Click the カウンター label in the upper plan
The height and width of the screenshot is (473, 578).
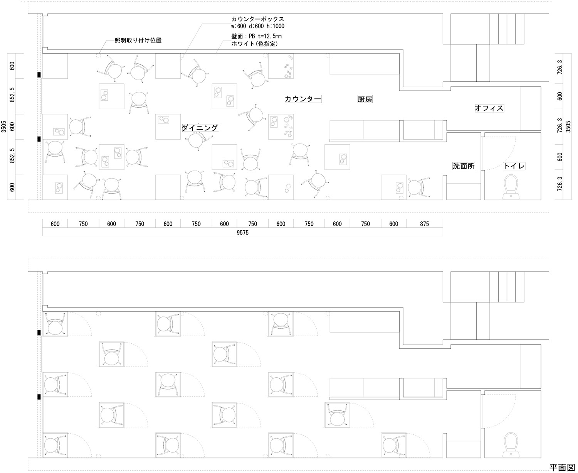coord(303,99)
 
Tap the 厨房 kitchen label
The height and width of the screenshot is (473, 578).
coord(365,99)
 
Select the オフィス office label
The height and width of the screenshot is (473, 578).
coord(489,108)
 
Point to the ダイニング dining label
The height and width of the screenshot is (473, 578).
coord(200,128)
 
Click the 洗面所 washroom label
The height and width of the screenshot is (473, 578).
coord(464,166)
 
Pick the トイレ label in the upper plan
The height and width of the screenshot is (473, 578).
coord(514,166)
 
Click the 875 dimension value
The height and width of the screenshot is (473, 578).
coord(424,224)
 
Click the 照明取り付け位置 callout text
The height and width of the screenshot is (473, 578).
coord(138,40)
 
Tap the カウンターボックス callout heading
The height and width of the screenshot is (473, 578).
coord(257,19)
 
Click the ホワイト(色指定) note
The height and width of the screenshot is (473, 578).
coord(254,44)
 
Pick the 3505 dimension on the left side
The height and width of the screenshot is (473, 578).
coord(4,127)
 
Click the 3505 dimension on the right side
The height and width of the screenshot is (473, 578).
coord(568,127)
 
